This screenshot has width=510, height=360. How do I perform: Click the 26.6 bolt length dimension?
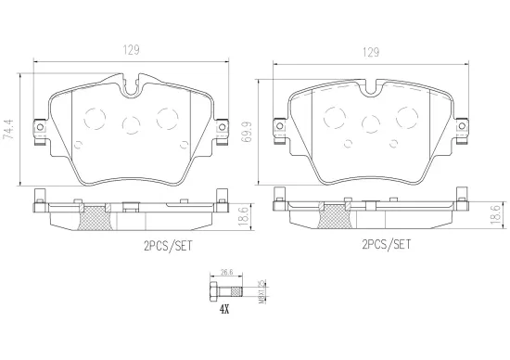point(224,273)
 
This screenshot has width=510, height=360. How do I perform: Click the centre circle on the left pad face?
point(131,122)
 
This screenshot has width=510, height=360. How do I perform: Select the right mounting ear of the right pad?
point(462,130)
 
